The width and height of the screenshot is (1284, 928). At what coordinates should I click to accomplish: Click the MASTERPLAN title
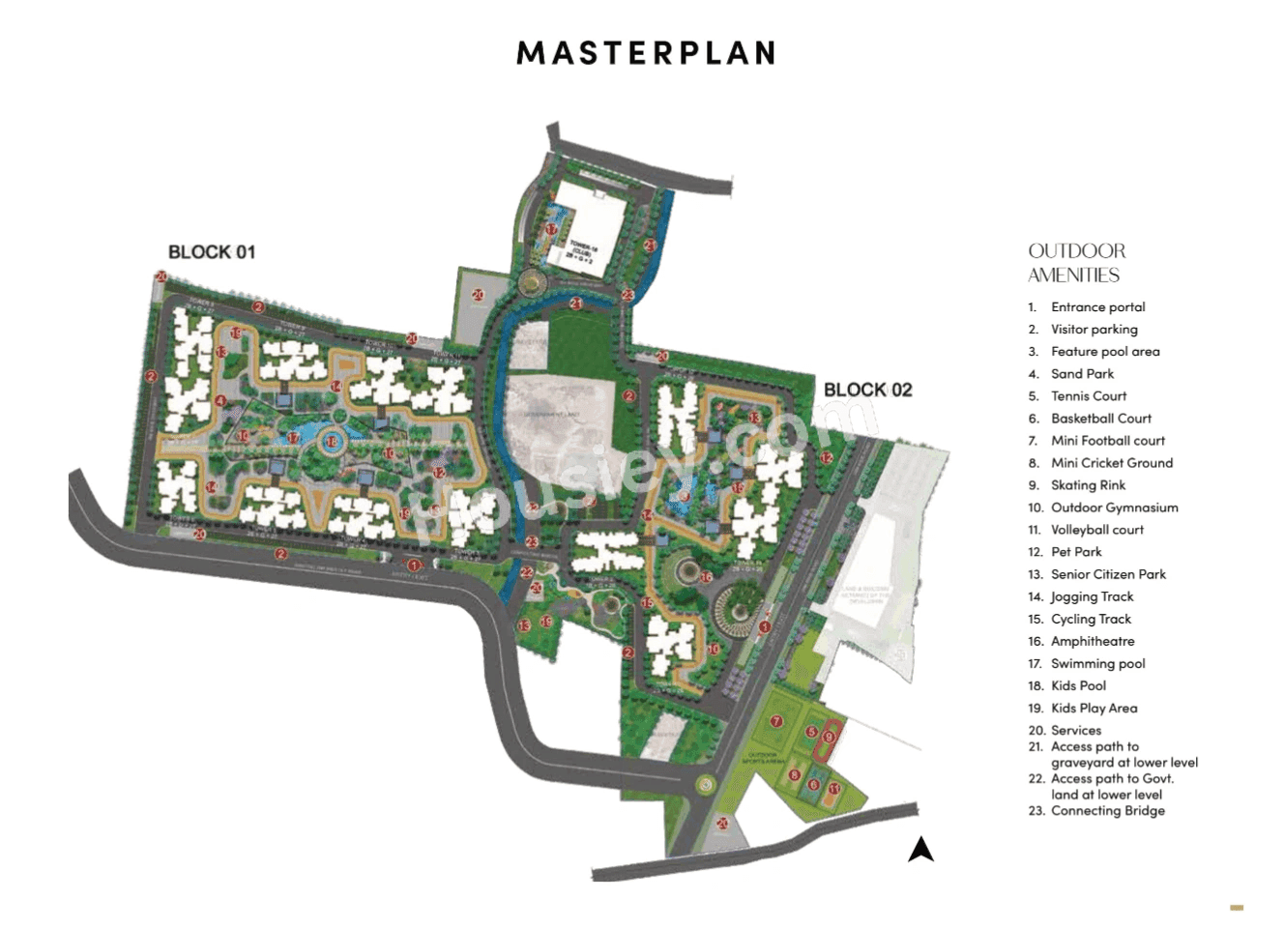pos(646,52)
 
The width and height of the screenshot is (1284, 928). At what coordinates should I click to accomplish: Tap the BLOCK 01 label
pos(212,252)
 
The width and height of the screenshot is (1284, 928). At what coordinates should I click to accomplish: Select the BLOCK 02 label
pos(867,390)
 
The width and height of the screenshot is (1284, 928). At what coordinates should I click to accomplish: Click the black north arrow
pos(920,850)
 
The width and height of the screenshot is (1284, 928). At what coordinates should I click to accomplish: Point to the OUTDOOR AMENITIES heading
pos(1076,263)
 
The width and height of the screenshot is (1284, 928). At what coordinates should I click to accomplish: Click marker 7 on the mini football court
pos(775,722)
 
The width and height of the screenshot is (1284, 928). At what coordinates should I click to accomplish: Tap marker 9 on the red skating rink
pos(829,738)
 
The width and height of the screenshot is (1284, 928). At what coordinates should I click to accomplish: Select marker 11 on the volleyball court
pos(833,790)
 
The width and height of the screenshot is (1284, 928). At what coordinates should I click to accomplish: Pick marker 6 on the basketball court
pos(814,785)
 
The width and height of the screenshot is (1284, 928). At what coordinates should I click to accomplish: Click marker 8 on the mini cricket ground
pos(795,774)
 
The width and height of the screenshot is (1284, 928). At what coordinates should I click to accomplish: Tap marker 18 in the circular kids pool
pos(332,442)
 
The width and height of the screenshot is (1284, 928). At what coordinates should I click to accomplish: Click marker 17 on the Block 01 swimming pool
pos(293,438)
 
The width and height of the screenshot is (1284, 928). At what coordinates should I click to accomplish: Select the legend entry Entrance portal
pos(1097,307)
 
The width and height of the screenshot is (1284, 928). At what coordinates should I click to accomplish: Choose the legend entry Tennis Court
pos(1089,396)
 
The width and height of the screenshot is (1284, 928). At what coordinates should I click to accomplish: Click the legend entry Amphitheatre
pos(1093,642)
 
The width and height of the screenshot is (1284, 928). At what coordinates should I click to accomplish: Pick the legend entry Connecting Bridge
pos(1107,811)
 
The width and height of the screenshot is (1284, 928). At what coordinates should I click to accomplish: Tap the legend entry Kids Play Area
pos(1094,709)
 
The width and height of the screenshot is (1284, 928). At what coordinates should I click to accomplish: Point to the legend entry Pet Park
pos(1076,552)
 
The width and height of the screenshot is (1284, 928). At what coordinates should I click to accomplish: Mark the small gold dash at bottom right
pos(1237,908)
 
